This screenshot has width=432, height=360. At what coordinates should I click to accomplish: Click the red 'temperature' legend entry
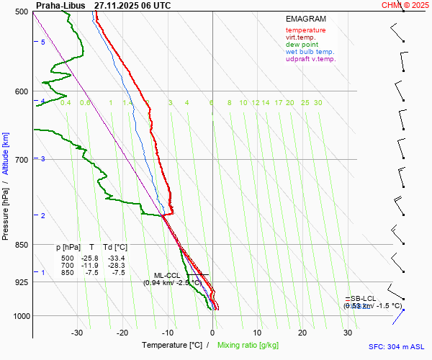coord(305,30)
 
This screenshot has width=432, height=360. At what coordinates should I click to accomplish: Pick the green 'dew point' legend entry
coord(302,45)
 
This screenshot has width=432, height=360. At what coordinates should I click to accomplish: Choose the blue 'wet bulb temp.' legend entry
coord(310,52)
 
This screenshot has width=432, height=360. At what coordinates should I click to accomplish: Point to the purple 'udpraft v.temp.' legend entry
coord(310,59)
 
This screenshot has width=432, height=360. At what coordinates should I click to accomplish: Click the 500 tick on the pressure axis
coord(21,12)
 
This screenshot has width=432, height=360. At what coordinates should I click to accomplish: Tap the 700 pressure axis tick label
coord(21,159)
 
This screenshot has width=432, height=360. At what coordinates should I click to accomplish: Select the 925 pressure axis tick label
coord(21,282)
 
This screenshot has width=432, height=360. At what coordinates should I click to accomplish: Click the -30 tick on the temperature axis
coord(77,333)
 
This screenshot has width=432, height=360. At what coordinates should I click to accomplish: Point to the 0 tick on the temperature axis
coord(212,333)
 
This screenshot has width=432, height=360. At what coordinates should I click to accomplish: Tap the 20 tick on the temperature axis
coord(302,333)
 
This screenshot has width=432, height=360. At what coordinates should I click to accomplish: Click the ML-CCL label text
coord(168,275)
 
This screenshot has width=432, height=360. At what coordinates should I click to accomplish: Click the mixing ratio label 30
coord(318,103)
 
